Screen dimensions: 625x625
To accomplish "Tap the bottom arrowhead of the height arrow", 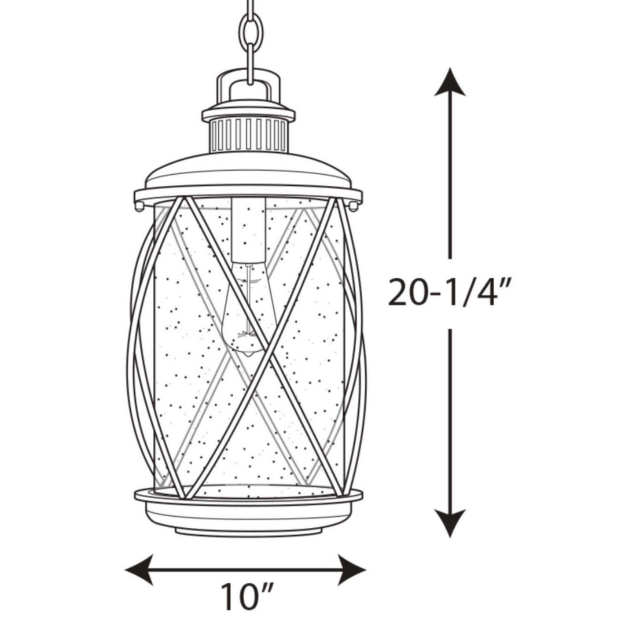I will click(x=450, y=524).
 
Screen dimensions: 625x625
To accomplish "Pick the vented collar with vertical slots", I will click(x=248, y=134).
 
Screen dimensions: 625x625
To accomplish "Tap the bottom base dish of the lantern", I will click(x=248, y=512).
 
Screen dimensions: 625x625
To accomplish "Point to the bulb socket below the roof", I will click(x=248, y=229).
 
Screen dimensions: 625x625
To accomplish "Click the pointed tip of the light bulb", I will click(x=247, y=352).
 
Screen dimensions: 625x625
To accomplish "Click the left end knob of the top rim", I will click(x=139, y=205).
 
